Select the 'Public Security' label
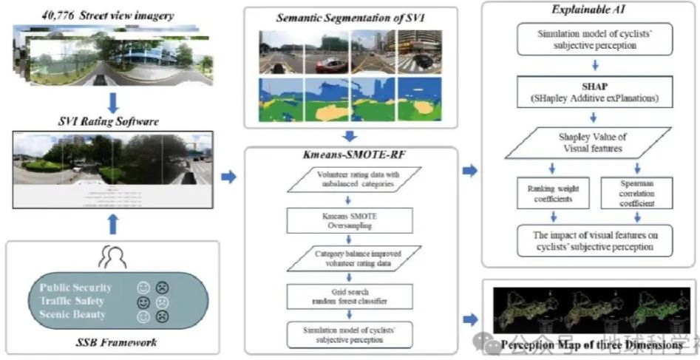coord(77,288)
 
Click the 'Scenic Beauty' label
coord(73,314)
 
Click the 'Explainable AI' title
coord(589,10)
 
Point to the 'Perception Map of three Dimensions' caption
coord(591,344)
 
